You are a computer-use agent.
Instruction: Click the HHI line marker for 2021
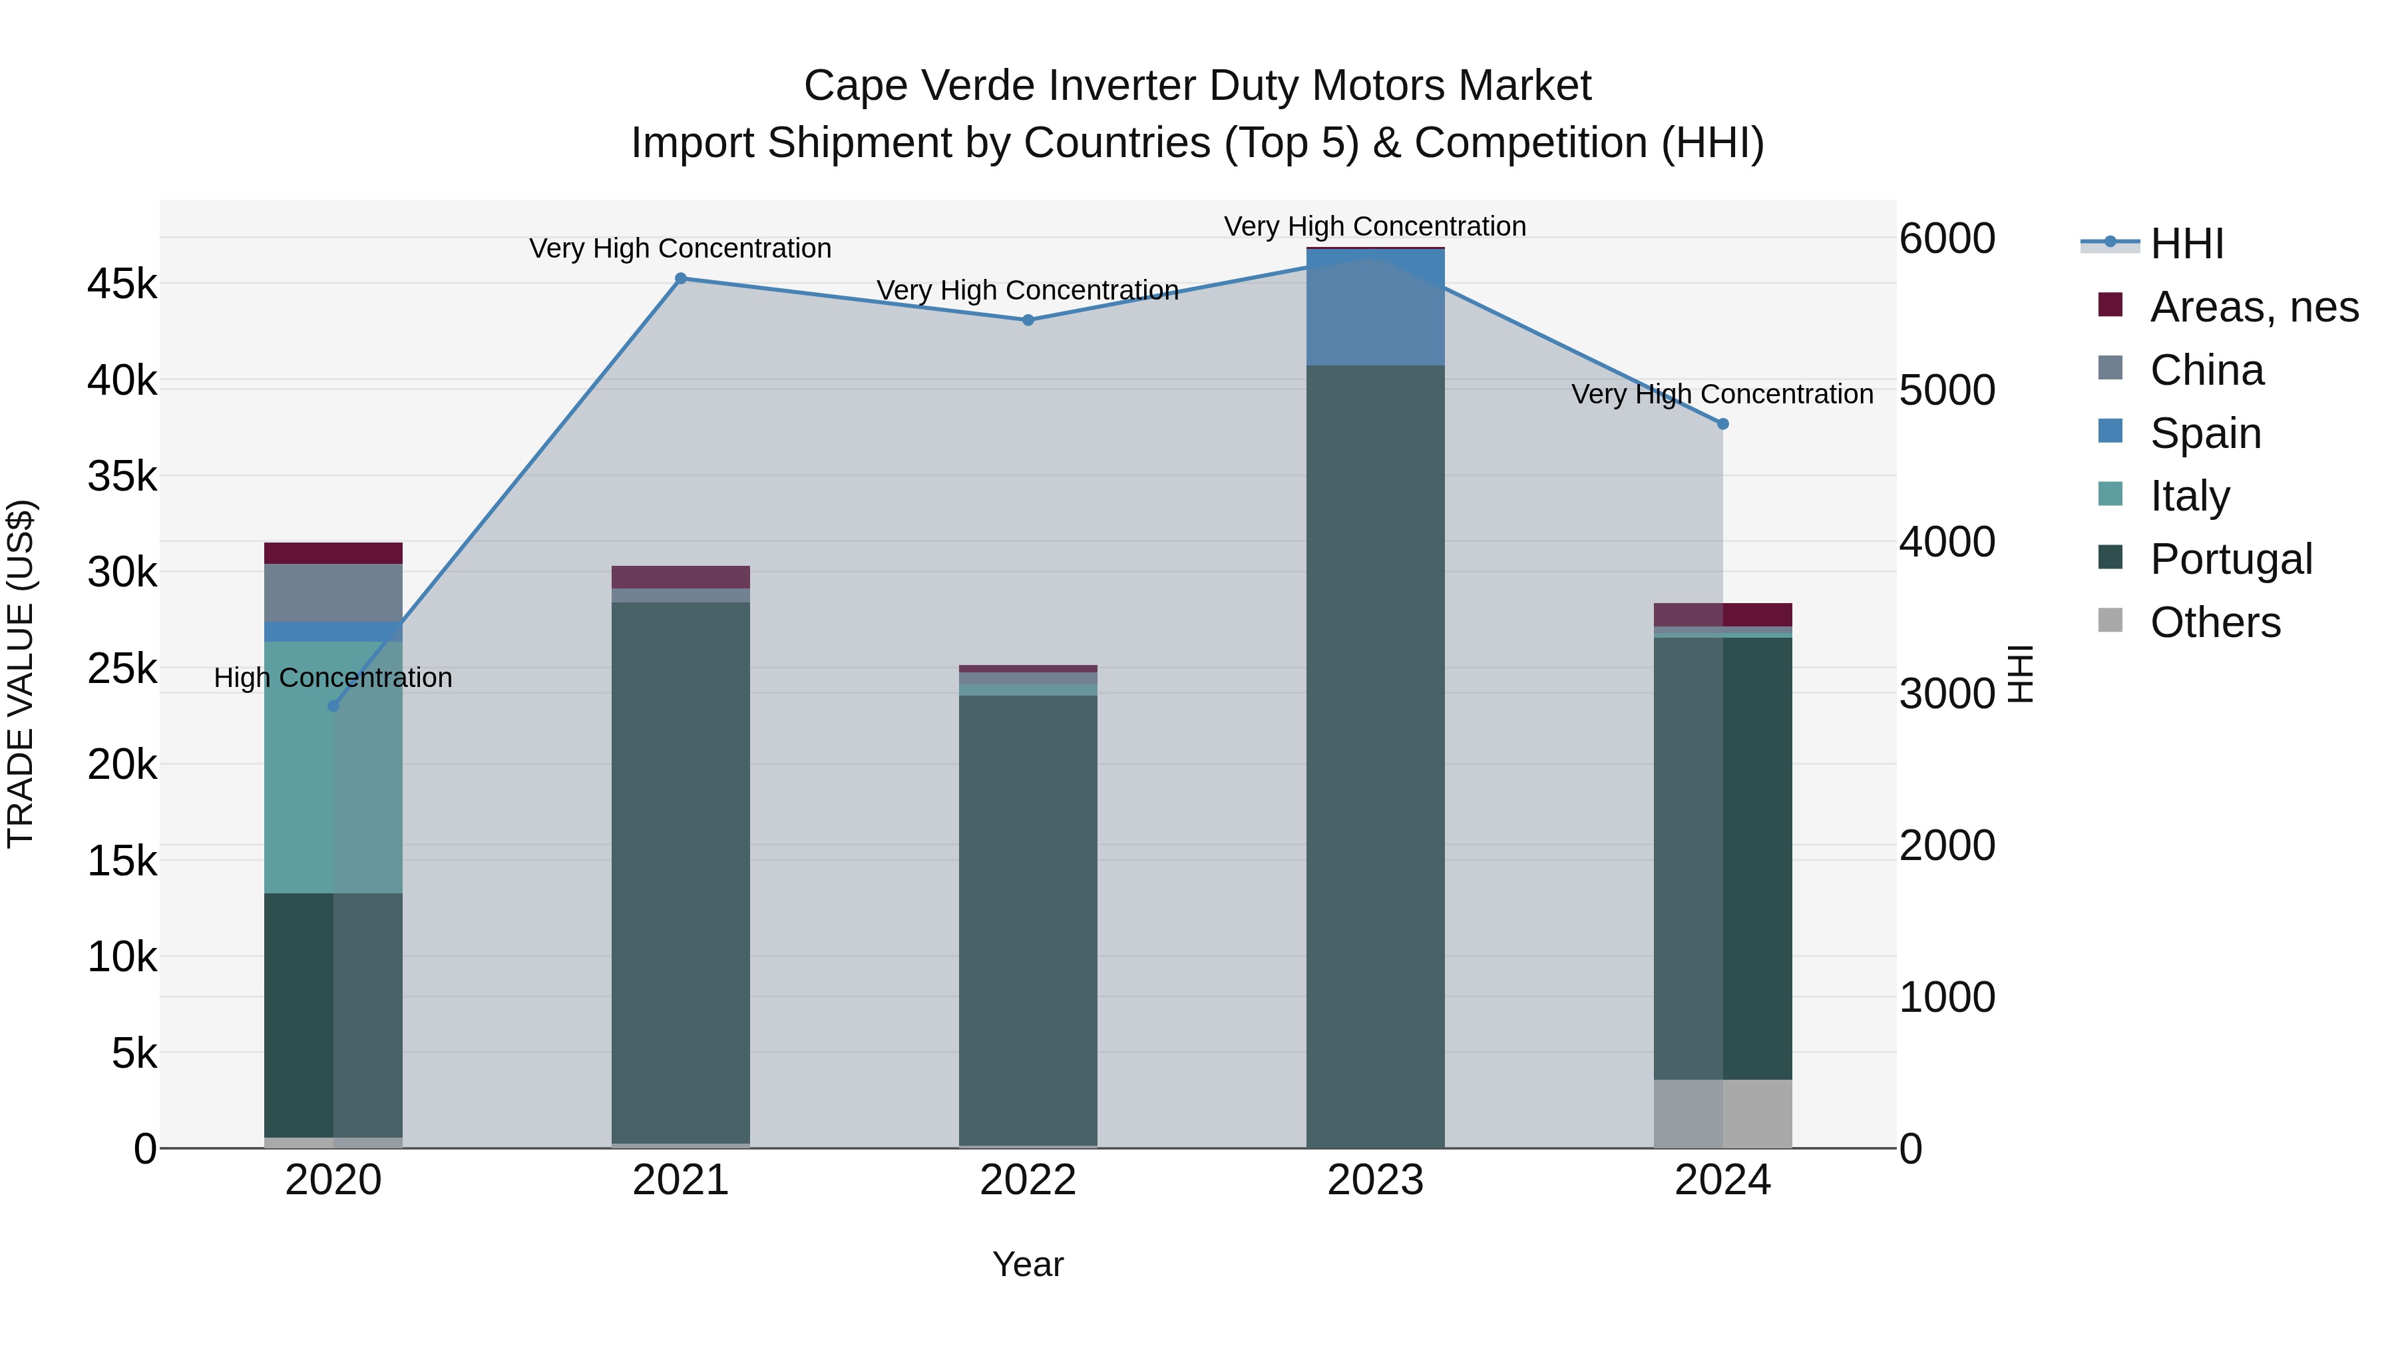pyautogui.click(x=681, y=278)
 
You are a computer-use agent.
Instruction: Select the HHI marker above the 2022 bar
pyautogui.click(x=1028, y=320)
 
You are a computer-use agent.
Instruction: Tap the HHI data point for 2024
pyautogui.click(x=1722, y=424)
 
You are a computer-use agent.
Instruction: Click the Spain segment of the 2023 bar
pyautogui.click(x=1375, y=307)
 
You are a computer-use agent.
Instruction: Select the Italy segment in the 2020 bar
pyautogui.click(x=333, y=768)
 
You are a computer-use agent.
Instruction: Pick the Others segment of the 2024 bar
pyautogui.click(x=1722, y=1114)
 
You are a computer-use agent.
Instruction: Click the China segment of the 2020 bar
pyautogui.click(x=333, y=592)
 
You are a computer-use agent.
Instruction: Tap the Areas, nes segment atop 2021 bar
pyautogui.click(x=681, y=576)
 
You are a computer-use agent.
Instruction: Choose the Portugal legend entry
pyautogui.click(x=2230, y=559)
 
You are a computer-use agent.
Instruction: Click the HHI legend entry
pyautogui.click(x=2186, y=244)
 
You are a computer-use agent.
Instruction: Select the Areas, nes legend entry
pyautogui.click(x=2253, y=307)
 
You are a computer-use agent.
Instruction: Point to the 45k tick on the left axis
pyautogui.click(x=122, y=284)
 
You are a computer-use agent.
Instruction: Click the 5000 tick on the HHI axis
pyautogui.click(x=1947, y=390)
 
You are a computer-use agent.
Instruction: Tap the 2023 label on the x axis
pyautogui.click(x=1375, y=1180)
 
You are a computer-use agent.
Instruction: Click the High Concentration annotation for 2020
pyautogui.click(x=333, y=677)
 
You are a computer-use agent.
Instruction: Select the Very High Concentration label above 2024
pyautogui.click(x=1722, y=395)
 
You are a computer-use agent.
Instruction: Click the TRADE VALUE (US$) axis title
pyautogui.click(x=21, y=674)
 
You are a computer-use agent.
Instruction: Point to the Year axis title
pyautogui.click(x=1028, y=1264)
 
